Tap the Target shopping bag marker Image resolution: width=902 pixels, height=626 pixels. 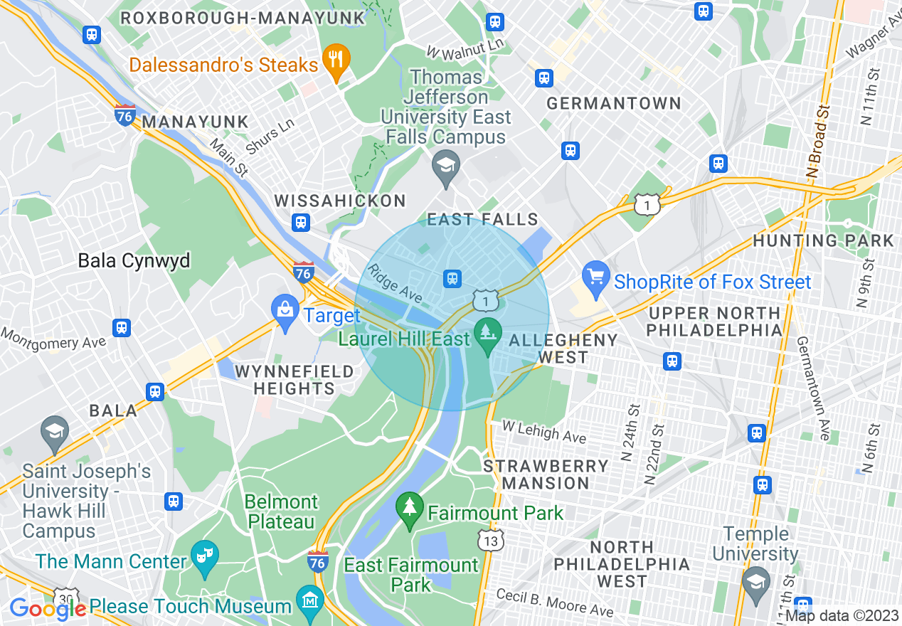coord(285,309)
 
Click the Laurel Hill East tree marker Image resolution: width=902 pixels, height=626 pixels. coord(488,333)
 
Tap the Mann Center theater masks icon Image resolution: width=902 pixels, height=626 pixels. coord(204,555)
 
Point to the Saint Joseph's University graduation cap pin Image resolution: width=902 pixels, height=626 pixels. coord(55,432)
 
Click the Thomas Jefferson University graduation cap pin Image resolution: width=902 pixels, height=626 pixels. coord(446,167)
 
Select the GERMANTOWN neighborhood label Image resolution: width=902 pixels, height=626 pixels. coord(613,104)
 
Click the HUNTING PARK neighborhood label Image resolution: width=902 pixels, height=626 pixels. coord(822,240)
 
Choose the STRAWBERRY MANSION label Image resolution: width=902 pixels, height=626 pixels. coord(546,474)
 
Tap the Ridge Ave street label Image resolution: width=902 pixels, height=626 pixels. coord(395,282)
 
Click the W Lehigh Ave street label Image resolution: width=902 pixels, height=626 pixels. coord(544,431)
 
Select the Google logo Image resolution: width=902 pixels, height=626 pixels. coord(47,608)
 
